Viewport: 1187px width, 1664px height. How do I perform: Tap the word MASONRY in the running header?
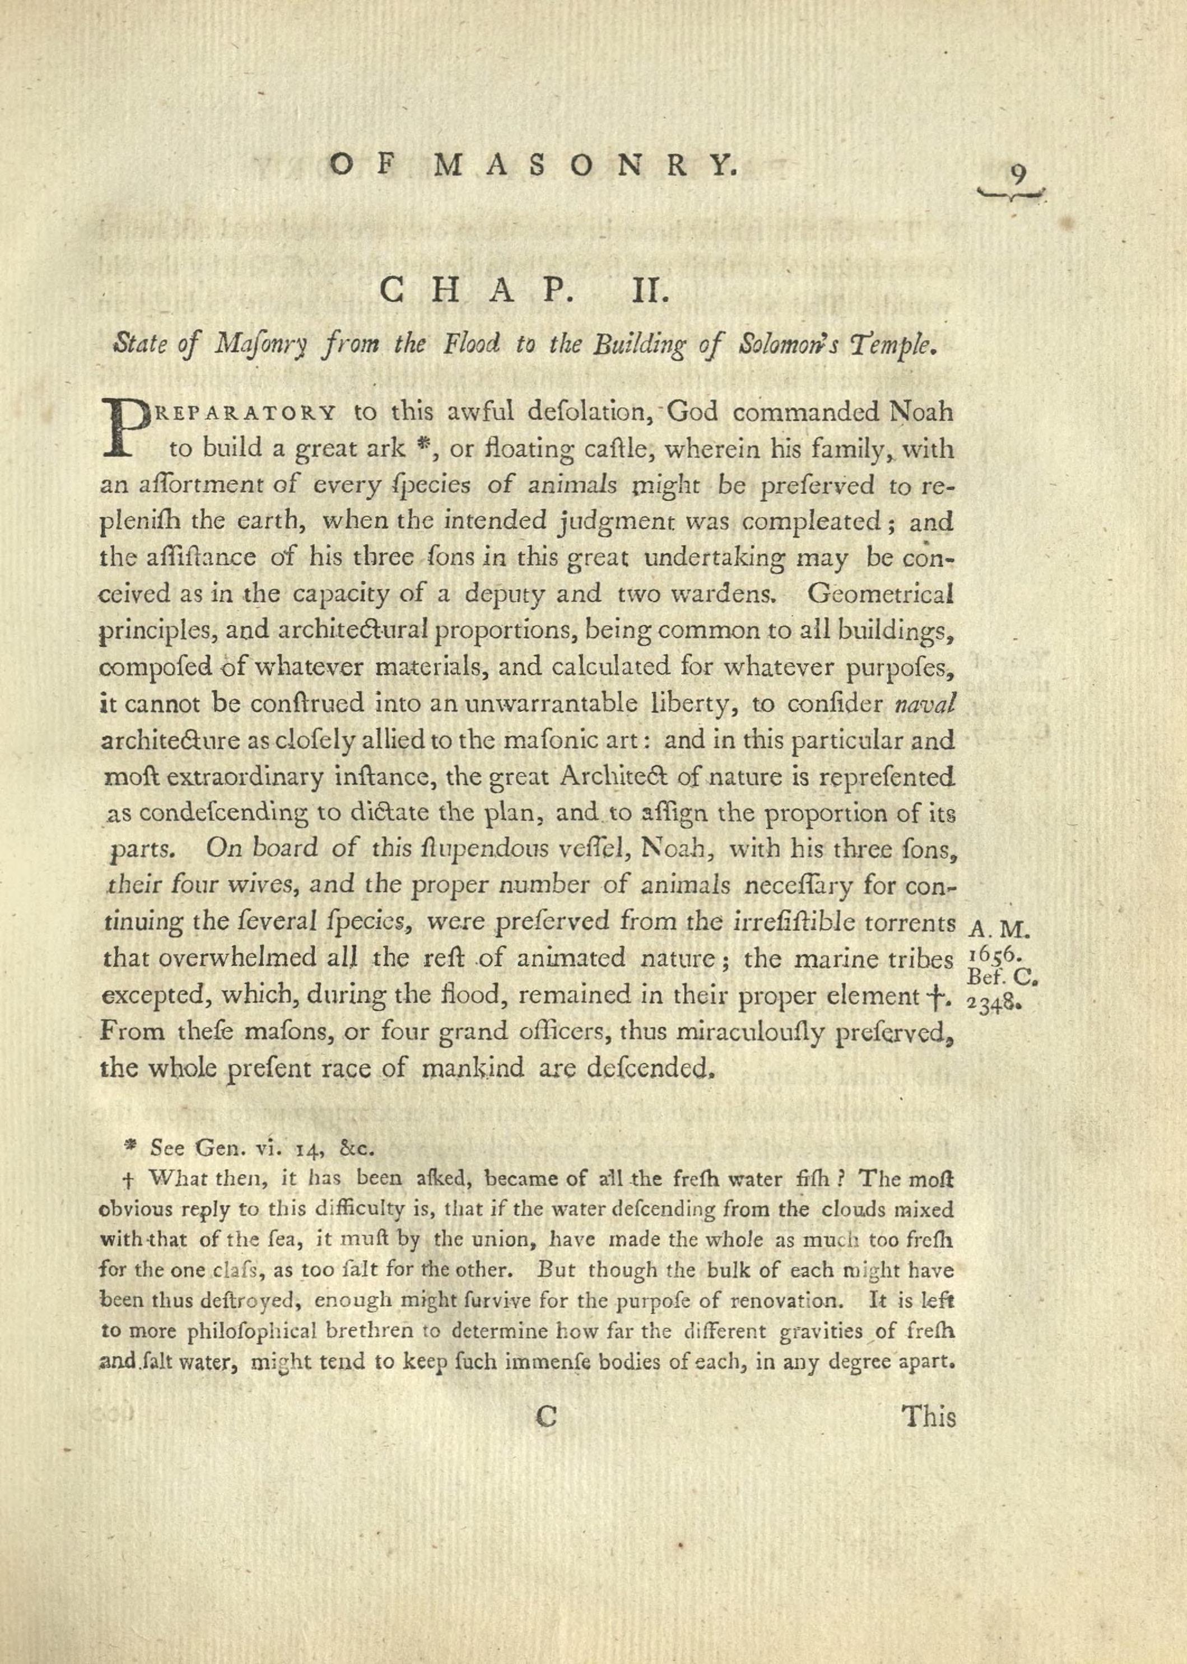pos(585,166)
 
